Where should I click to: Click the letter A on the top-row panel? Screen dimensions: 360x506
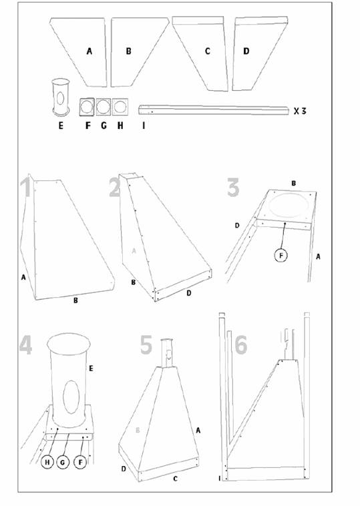pyautogui.click(x=89, y=51)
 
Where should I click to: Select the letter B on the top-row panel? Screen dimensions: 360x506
pyautogui.click(x=128, y=51)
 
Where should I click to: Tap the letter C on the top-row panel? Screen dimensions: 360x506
pyautogui.click(x=208, y=51)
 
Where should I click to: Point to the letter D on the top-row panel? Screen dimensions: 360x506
pyautogui.click(x=246, y=51)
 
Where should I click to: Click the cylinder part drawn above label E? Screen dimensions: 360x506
pyautogui.click(x=61, y=97)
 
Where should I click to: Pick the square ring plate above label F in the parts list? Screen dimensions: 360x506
pyautogui.click(x=87, y=107)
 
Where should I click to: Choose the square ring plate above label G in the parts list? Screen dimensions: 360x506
pyautogui.click(x=104, y=107)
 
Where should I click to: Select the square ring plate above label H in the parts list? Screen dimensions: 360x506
pyautogui.click(x=120, y=107)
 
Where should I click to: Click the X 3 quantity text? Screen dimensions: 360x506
pyautogui.click(x=300, y=111)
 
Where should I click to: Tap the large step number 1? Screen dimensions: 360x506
pyautogui.click(x=26, y=186)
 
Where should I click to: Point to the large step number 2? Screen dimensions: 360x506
pyautogui.click(x=115, y=188)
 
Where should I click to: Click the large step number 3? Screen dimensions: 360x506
pyautogui.click(x=233, y=188)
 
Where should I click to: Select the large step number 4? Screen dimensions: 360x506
pyautogui.click(x=25, y=344)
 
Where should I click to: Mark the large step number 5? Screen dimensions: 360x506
pyautogui.click(x=146, y=344)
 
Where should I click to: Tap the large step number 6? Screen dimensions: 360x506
pyautogui.click(x=241, y=344)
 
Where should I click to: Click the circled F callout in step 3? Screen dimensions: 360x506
pyautogui.click(x=281, y=256)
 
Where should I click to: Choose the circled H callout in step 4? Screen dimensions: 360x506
pyautogui.click(x=47, y=463)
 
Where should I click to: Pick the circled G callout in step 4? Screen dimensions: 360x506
pyautogui.click(x=63, y=463)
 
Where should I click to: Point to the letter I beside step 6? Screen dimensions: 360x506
pyautogui.click(x=220, y=479)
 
